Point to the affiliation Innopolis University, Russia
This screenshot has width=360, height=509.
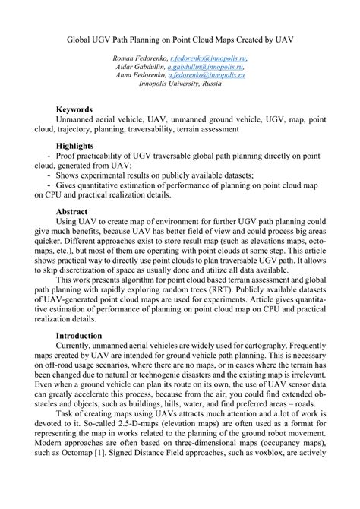[x=180, y=84]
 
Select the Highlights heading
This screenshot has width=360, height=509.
[x=75, y=145]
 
